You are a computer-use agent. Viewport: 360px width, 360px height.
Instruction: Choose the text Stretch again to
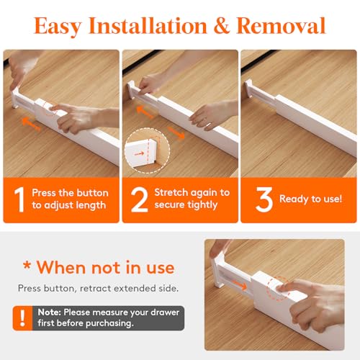pos(192,192)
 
